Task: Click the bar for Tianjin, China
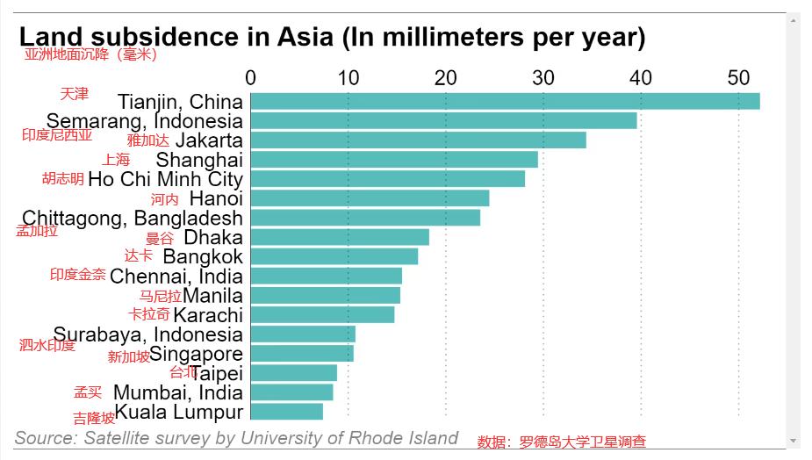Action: pyautogui.click(x=505, y=101)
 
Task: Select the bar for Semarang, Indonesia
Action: pyautogui.click(x=443, y=120)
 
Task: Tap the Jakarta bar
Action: pyautogui.click(x=418, y=140)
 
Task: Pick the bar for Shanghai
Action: pyautogui.click(x=394, y=159)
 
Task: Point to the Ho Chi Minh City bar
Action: pyautogui.click(x=387, y=178)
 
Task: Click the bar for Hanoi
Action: pyautogui.click(x=370, y=198)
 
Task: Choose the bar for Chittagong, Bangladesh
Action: pyautogui.click(x=365, y=217)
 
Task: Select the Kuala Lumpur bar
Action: pyautogui.click(x=287, y=411)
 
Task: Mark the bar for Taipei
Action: pyautogui.click(x=294, y=372)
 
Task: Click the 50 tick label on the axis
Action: pyautogui.click(x=738, y=77)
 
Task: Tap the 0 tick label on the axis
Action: pyautogui.click(x=251, y=77)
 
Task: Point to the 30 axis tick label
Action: pyautogui.click(x=543, y=77)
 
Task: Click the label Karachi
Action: pyautogui.click(x=208, y=314)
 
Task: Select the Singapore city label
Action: pyautogui.click(x=196, y=353)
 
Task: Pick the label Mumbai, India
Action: pyautogui.click(x=178, y=392)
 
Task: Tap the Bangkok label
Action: pyautogui.click(x=203, y=256)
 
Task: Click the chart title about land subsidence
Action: pyautogui.click(x=332, y=37)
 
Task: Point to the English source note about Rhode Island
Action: pyautogui.click(x=236, y=437)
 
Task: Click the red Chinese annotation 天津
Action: pyautogui.click(x=74, y=93)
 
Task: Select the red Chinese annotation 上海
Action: pyautogui.click(x=115, y=159)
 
